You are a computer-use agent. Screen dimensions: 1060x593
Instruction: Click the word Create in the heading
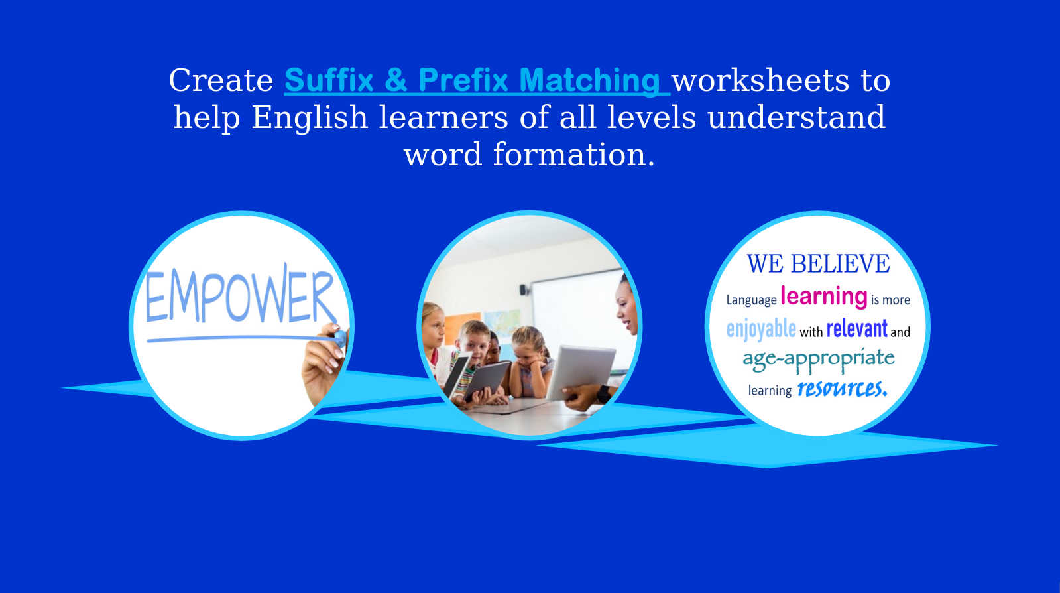221,80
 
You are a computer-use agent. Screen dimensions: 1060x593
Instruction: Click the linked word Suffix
329,80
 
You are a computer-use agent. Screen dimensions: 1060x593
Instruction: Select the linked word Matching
589,81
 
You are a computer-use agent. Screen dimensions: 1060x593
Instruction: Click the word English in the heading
310,117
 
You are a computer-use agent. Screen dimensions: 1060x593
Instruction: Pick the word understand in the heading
796,117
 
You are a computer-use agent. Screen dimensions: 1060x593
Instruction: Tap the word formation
574,155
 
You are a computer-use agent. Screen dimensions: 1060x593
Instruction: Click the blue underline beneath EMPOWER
242,338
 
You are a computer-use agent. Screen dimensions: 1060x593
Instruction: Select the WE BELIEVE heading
818,264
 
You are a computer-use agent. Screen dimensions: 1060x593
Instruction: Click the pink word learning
823,296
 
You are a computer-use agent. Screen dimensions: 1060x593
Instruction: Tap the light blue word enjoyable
761,329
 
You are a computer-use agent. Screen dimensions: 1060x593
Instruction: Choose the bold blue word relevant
857,328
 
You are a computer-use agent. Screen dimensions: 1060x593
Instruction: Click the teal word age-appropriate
818,360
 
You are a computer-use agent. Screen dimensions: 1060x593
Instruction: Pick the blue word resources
843,389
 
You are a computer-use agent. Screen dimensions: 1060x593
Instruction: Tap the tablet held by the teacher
581,372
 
